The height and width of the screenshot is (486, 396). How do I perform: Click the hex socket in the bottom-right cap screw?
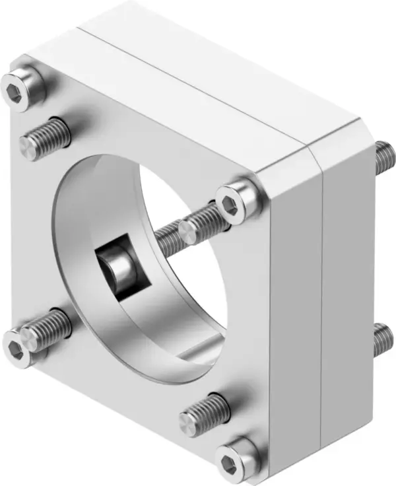(x=234, y=458)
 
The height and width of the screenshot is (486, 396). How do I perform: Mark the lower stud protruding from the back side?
(x=383, y=339)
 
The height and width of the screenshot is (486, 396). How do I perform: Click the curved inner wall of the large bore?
(x=79, y=218)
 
